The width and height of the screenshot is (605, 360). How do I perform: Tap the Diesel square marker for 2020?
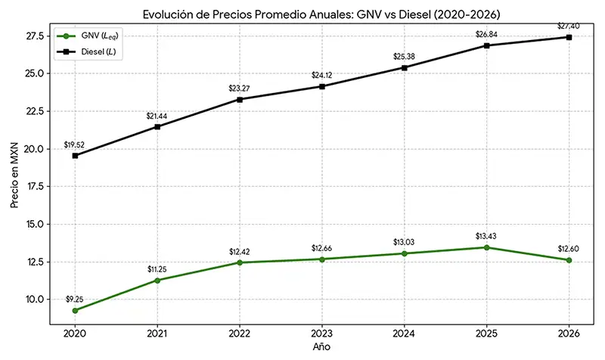tap(75, 156)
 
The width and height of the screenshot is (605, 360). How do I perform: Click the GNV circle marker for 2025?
tap(487, 247)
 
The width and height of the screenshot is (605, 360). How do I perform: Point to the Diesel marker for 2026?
tap(569, 37)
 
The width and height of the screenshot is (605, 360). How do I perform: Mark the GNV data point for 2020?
tap(75, 310)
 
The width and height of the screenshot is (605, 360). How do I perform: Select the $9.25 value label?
tap(75, 298)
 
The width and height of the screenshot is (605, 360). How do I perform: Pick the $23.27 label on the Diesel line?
tap(240, 88)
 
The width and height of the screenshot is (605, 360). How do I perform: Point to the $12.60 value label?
tap(569, 248)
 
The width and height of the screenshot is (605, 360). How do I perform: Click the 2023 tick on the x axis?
tap(322, 333)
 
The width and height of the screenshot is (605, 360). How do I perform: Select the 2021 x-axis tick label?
tap(157, 333)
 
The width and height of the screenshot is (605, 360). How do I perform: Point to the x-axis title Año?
tap(321, 346)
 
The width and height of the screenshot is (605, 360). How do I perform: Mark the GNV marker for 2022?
tap(240, 262)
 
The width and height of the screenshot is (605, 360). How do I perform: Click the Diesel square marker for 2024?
tap(405, 67)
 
